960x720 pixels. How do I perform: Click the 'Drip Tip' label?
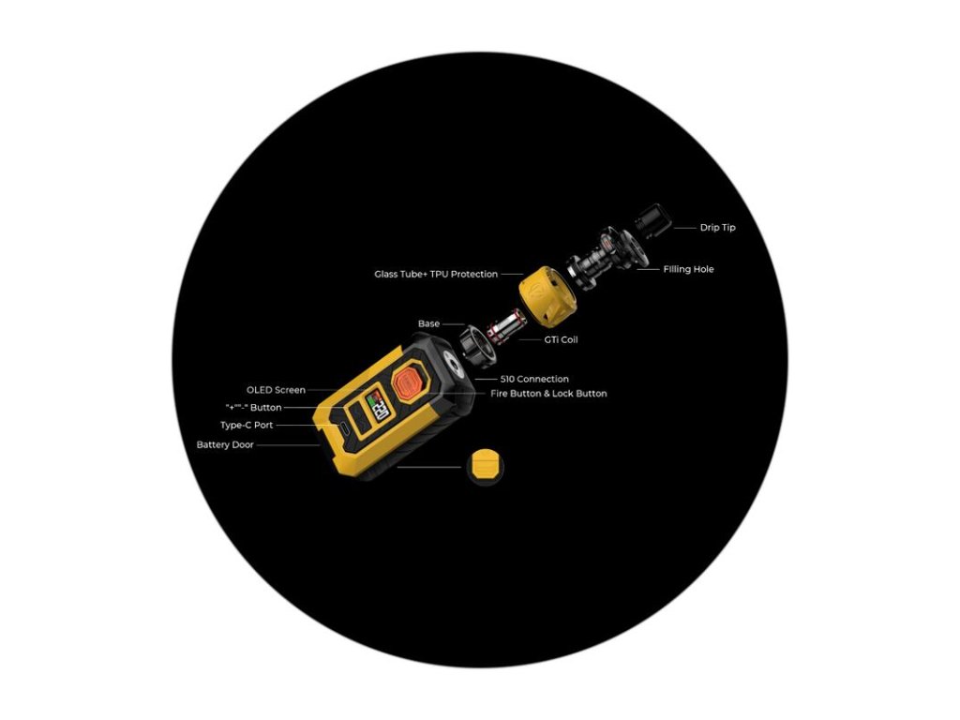(x=717, y=227)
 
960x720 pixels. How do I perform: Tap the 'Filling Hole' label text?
(x=688, y=269)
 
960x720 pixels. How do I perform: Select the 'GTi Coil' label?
(x=561, y=339)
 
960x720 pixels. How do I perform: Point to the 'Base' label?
(x=428, y=323)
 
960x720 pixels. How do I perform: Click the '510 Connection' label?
(x=533, y=379)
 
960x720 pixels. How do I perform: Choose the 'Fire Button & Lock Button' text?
(x=548, y=394)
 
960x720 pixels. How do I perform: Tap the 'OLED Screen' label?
(x=276, y=390)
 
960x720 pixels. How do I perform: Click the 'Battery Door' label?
(x=225, y=444)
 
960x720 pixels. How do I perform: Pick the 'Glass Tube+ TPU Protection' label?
(x=435, y=275)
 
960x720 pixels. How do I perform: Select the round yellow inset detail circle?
(x=484, y=464)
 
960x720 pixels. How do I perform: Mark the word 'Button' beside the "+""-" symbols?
(x=266, y=408)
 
